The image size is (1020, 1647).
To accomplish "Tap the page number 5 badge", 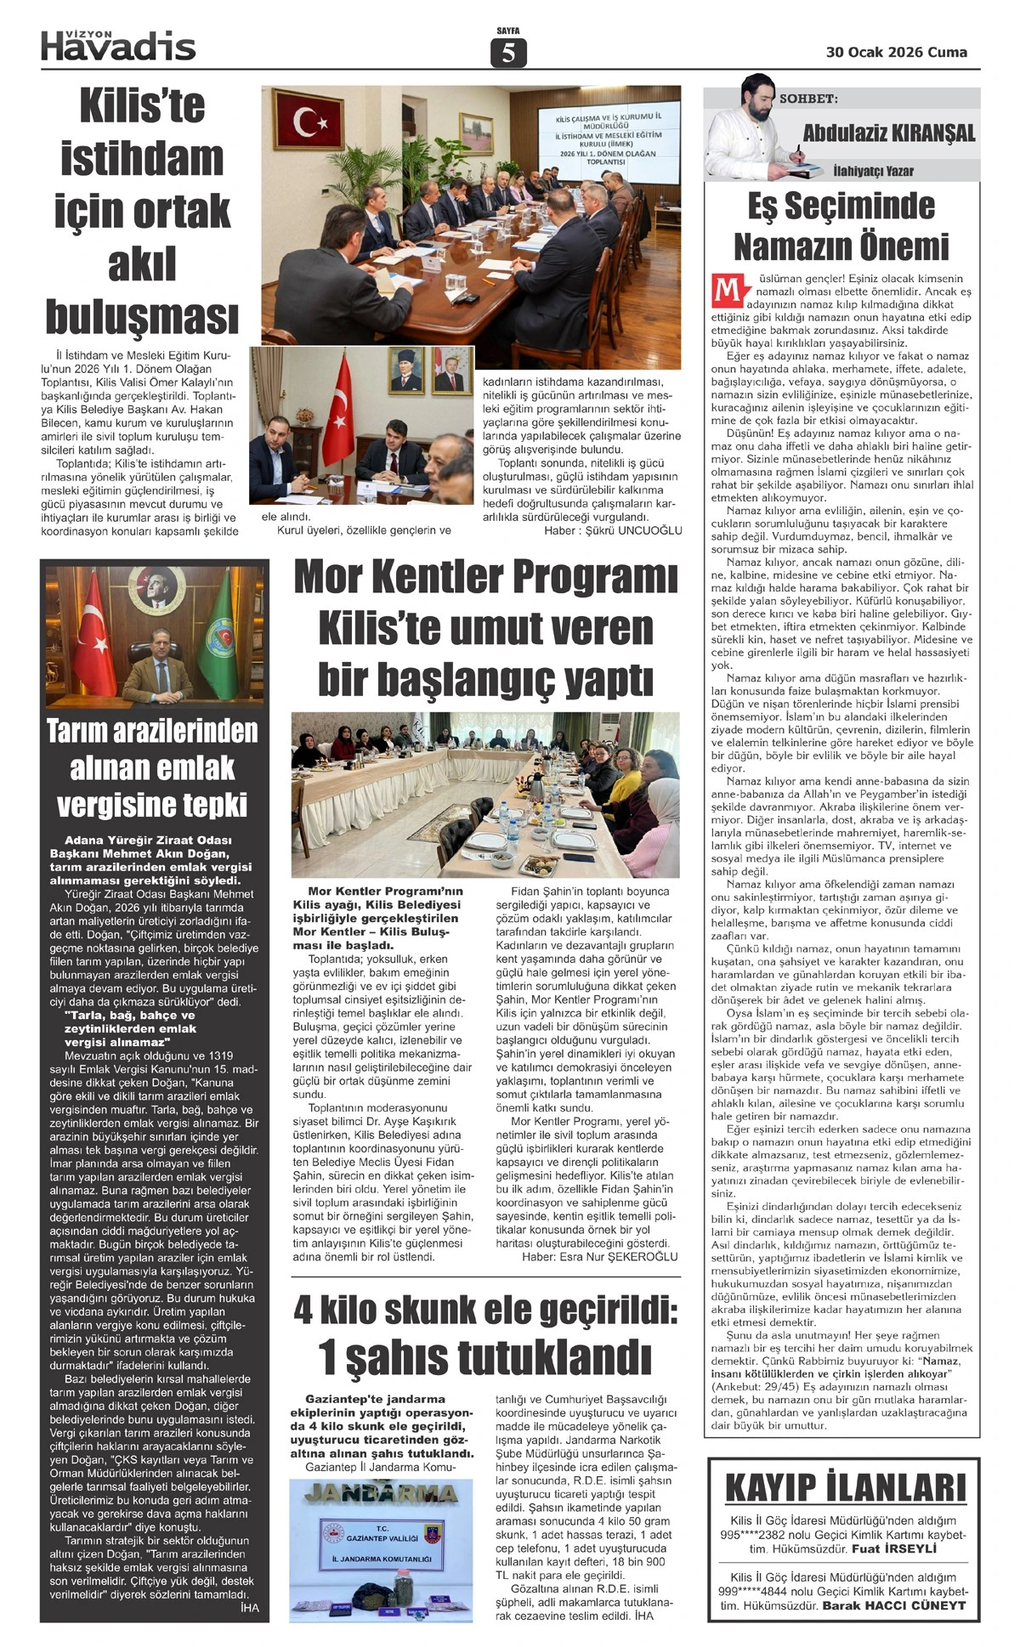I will [508, 53].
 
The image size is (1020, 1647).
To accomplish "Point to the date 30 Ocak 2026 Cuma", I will [896, 52].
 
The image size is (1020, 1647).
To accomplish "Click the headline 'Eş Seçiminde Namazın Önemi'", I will [841, 226].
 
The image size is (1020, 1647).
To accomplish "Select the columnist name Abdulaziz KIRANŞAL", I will [888, 133].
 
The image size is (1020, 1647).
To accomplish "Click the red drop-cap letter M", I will [727, 289].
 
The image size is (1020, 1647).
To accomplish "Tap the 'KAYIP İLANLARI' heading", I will [845, 1488].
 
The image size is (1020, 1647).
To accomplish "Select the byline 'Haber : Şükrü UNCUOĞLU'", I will [613, 530].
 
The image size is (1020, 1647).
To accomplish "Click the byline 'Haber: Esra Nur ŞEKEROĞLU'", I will [599, 1256].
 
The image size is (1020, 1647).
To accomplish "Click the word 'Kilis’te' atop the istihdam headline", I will [142, 106].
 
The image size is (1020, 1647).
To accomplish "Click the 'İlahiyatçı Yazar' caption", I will [873, 171].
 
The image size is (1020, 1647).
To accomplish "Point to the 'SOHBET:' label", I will [808, 99].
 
